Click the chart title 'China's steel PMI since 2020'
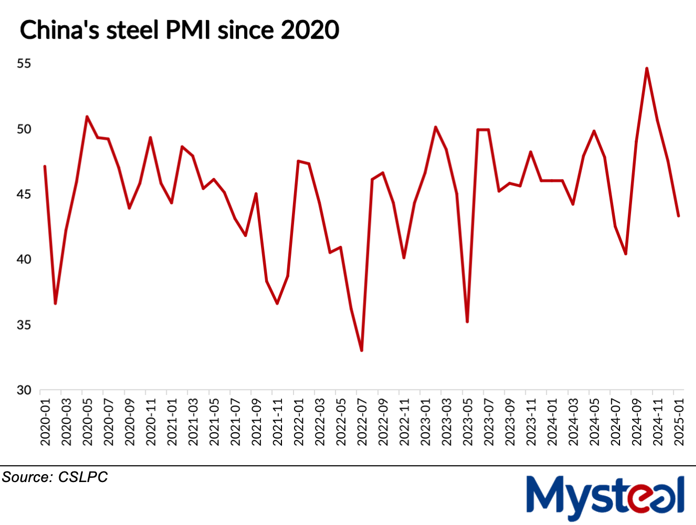coord(179,30)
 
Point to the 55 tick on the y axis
coord(24,63)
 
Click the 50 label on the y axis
coord(24,129)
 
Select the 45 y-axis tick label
coord(24,194)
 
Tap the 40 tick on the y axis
coord(24,259)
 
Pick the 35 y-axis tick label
coord(24,325)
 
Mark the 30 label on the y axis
coord(24,390)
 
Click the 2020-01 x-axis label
coord(46,422)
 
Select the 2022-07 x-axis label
coord(362,422)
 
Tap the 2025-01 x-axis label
coord(679,422)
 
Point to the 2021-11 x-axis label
coord(278,422)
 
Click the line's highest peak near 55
coord(647,68)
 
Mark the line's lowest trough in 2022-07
coord(362,350)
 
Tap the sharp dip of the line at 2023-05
coord(467,322)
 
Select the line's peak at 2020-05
coord(87,116)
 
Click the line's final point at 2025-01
coord(679,216)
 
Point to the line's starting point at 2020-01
coord(45,166)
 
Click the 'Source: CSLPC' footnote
coord(55,477)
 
